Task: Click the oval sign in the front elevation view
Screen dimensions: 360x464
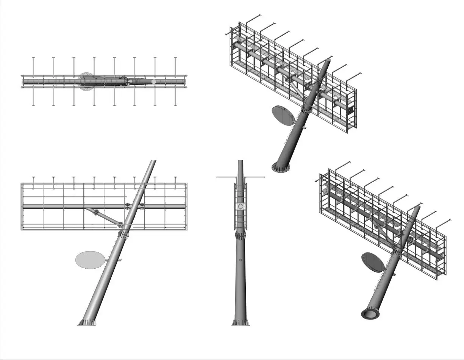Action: click(x=90, y=260)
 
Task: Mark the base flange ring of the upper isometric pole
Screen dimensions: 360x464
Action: click(x=281, y=167)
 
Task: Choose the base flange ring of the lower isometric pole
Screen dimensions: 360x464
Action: click(x=370, y=314)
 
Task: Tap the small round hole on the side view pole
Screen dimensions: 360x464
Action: click(x=241, y=260)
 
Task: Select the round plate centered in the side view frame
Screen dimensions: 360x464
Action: click(x=241, y=207)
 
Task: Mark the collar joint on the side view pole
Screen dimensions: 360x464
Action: click(x=241, y=235)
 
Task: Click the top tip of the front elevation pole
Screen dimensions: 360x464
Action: click(x=153, y=161)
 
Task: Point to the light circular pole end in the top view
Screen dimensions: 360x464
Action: click(x=154, y=81)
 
